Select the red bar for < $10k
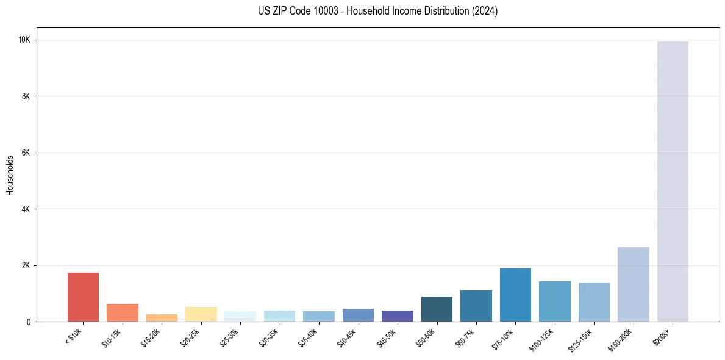click(83, 297)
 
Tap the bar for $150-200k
click(633, 284)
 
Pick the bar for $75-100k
click(515, 295)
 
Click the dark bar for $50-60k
click(437, 309)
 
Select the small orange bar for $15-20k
click(162, 318)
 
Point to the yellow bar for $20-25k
click(201, 314)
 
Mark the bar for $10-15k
click(123, 313)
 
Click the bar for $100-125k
click(554, 301)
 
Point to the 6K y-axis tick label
click(26, 153)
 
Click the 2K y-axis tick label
click(26, 265)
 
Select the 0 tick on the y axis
click(29, 322)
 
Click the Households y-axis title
click(10, 175)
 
